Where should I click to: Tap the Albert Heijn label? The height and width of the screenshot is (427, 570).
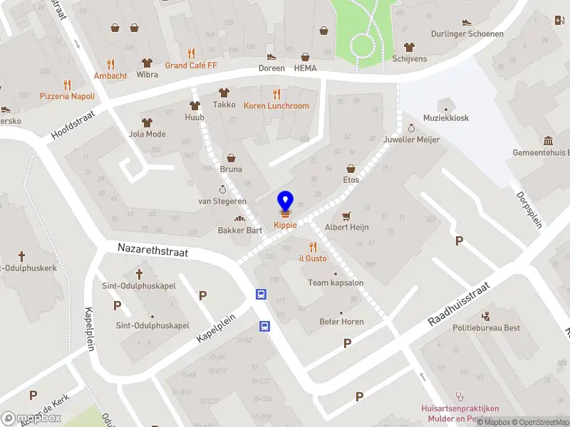coord(346,228)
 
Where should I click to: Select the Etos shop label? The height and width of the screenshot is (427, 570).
coord(351,179)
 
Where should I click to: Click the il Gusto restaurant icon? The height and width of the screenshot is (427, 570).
coord(312,246)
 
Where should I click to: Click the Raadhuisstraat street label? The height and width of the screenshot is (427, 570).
coord(459,304)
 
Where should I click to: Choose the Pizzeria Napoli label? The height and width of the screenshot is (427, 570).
coord(67,95)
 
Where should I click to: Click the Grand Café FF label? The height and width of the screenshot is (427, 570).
coord(190,65)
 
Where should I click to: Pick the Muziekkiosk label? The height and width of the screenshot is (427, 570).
coord(446,118)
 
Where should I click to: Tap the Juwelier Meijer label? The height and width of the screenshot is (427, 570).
coord(411,139)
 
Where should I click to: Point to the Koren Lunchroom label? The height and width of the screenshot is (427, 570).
coord(276,106)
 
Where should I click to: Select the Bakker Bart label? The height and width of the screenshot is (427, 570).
coord(239,230)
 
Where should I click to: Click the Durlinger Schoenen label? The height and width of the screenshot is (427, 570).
coord(467,33)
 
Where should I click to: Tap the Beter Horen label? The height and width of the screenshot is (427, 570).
coord(341,322)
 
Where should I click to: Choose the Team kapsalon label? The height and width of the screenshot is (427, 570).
coord(336,283)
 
